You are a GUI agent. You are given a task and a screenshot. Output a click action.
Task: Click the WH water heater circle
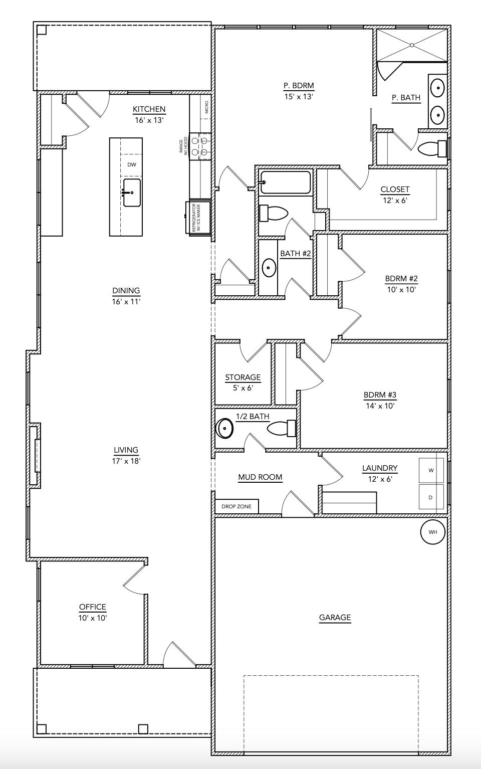tap(433, 532)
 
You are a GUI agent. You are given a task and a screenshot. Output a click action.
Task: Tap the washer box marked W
tap(431, 470)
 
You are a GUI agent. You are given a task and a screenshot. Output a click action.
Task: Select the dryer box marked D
tap(431, 497)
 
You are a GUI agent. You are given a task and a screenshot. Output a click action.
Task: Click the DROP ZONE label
tap(236, 506)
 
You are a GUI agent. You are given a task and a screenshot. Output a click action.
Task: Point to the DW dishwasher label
tap(131, 164)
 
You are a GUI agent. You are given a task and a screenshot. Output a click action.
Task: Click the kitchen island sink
tap(132, 193)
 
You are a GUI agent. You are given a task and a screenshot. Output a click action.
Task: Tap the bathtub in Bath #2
tap(286, 182)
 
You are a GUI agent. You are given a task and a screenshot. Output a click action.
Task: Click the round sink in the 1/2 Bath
tap(225, 429)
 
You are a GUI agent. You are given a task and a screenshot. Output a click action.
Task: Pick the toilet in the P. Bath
tap(432, 149)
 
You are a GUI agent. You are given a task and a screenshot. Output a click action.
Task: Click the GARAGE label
tap(335, 618)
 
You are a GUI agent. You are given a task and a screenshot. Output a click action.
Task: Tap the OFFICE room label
tap(93, 607)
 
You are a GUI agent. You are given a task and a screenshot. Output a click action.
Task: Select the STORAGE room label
tap(243, 377)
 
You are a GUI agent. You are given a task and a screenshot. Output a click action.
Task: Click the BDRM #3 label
tap(380, 395)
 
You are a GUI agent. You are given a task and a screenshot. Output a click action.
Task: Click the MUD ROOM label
tap(260, 477)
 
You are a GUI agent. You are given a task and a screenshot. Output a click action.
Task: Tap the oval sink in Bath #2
tap(269, 268)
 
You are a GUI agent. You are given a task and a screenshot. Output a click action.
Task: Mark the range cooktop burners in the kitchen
tap(199, 147)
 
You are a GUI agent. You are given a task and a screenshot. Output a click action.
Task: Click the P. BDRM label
tap(299, 85)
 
